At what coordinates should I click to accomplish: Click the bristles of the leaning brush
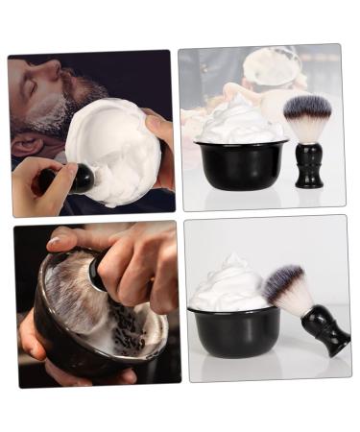pos(287,288)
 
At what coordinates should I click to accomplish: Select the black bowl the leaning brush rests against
pos(236,332)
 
